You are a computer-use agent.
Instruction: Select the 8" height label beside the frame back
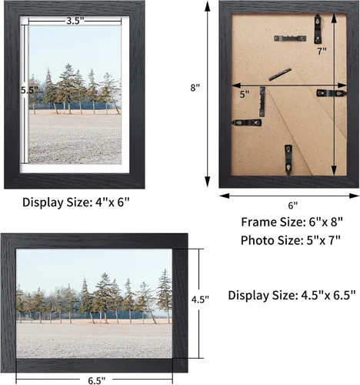point(195,88)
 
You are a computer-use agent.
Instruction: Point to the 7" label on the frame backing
point(322,51)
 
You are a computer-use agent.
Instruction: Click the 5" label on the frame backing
point(245,94)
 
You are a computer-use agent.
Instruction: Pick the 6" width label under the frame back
point(293,206)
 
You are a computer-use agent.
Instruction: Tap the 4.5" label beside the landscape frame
point(200,299)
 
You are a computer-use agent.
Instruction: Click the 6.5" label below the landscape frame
point(97,380)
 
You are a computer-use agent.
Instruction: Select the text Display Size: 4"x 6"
point(76,203)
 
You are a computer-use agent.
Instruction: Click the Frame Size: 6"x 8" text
point(292,222)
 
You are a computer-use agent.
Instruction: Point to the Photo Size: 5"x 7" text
point(291,240)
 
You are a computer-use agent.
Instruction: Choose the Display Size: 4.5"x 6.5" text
point(292,295)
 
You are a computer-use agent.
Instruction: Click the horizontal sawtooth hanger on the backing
point(290,38)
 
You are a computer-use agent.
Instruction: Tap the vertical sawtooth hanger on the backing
point(262,102)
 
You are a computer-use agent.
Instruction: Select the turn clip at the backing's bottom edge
point(288,160)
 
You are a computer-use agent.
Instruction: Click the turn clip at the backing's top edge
point(318,28)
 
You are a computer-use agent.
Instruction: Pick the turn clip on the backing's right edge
point(332,93)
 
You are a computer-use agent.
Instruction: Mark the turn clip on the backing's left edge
point(247,123)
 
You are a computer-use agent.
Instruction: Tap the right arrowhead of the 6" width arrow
point(354,196)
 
